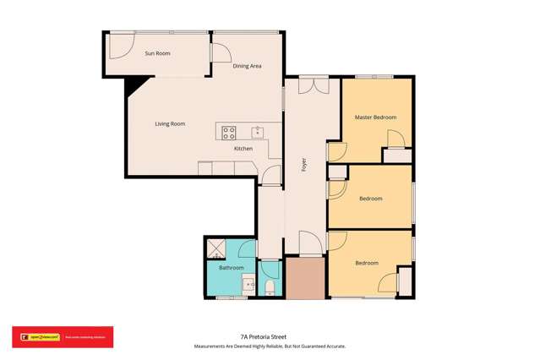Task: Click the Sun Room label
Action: [x=157, y=53]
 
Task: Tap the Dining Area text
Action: [x=247, y=65]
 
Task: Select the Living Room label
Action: [x=170, y=123]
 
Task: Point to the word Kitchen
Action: [x=243, y=149]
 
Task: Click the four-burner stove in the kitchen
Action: [x=229, y=132]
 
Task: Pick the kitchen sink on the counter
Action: [x=257, y=131]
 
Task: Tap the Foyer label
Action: [x=303, y=165]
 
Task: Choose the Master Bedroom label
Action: [x=375, y=117]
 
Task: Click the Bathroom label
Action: [x=232, y=268]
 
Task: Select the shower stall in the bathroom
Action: [x=215, y=248]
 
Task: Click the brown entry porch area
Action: [x=304, y=278]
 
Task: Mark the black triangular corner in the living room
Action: [x=133, y=84]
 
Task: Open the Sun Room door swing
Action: [x=120, y=46]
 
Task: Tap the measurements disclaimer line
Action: [x=270, y=346]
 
